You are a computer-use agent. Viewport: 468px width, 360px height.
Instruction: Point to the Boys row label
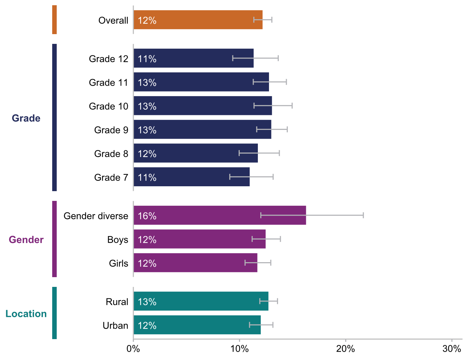[118, 240]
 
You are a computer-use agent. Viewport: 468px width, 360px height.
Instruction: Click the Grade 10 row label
[109, 106]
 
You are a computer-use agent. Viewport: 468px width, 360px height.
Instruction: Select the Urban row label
[116, 326]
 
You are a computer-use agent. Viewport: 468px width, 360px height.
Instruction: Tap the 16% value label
[147, 216]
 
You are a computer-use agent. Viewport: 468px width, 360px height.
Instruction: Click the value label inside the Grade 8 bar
[147, 154]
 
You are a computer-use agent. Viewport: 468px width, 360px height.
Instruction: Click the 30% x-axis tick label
[452, 349]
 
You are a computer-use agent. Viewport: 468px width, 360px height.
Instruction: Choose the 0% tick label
[133, 349]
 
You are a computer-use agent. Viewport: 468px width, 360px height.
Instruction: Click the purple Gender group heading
[26, 240]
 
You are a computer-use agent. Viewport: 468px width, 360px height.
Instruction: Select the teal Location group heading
[26, 314]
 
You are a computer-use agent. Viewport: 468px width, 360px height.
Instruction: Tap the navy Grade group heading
[26, 118]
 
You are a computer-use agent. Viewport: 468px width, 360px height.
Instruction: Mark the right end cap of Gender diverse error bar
[363, 215]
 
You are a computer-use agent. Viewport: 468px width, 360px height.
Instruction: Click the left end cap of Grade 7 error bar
[230, 177]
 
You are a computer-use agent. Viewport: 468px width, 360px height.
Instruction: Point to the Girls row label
[119, 264]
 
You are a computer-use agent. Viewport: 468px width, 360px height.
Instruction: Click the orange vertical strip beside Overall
[54, 20]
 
